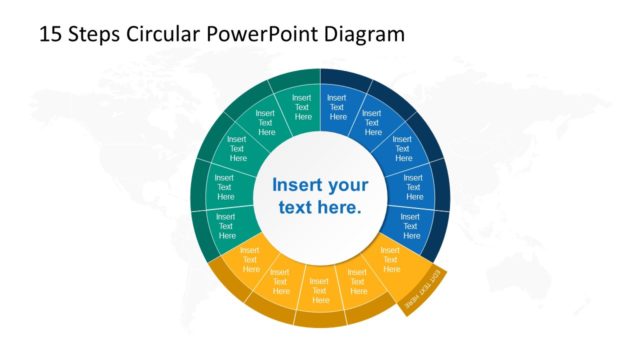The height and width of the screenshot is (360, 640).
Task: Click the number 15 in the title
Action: (x=49, y=34)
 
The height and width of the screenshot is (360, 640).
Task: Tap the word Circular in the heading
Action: (x=165, y=34)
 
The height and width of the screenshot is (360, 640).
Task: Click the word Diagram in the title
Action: (x=365, y=34)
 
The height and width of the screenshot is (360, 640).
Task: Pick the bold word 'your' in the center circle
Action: (x=347, y=186)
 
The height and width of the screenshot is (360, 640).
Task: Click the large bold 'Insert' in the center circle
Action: (x=298, y=186)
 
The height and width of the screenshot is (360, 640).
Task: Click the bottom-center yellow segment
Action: (x=320, y=286)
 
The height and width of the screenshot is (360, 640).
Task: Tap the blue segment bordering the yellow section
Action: (x=411, y=222)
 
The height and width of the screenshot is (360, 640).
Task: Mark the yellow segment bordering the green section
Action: (x=250, y=258)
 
